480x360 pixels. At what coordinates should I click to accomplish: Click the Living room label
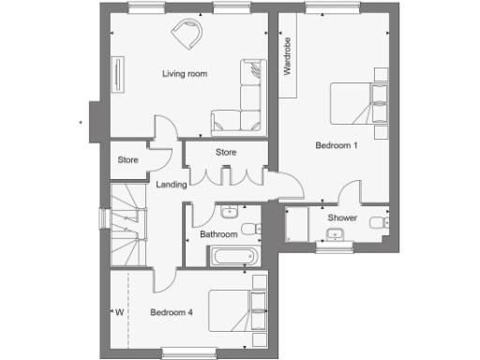tap(185, 73)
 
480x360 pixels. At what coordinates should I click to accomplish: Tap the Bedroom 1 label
tap(336, 145)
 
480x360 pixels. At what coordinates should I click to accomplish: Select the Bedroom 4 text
tap(172, 312)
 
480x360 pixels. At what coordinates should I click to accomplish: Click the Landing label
tap(172, 185)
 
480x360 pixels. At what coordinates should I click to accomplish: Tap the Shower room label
tap(341, 217)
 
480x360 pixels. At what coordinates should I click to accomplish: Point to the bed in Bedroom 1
tap(357, 102)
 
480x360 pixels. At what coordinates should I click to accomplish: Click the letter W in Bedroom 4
tap(119, 312)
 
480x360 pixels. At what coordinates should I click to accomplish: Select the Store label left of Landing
tap(128, 160)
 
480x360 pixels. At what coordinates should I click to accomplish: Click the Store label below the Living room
tap(225, 152)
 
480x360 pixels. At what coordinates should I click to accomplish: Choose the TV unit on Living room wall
tap(119, 75)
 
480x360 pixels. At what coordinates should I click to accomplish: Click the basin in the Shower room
tap(379, 222)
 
